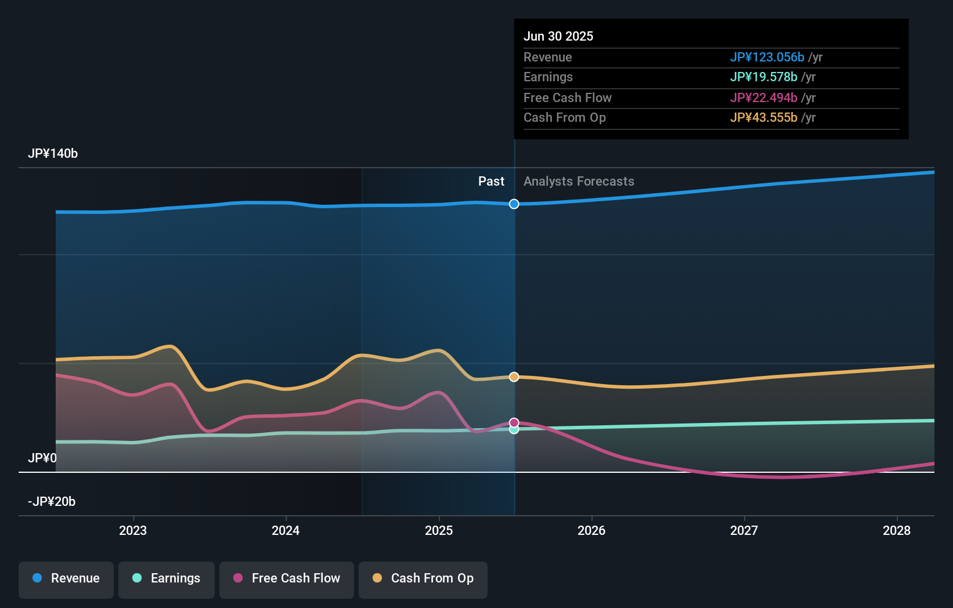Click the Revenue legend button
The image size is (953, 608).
66,579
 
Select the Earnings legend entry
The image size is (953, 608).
167,579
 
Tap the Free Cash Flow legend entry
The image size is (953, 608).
287,579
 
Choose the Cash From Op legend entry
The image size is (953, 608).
423,579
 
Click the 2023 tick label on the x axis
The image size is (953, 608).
133,531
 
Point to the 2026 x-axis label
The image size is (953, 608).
591,531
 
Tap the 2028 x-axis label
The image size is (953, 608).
897,531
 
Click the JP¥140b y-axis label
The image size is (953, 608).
53,154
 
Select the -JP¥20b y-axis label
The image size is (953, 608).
52,502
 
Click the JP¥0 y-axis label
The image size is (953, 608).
42,458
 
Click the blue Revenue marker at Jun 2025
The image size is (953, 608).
514,204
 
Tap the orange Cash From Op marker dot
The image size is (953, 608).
514,377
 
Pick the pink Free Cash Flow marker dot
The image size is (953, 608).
514,422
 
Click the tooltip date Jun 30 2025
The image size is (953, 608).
558,37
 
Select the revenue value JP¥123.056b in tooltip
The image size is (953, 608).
767,57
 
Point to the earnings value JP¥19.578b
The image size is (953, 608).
763,77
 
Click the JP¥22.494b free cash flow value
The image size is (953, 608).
763,98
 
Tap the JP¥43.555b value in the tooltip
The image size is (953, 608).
763,118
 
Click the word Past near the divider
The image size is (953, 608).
491,182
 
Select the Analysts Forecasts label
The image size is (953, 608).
579,182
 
